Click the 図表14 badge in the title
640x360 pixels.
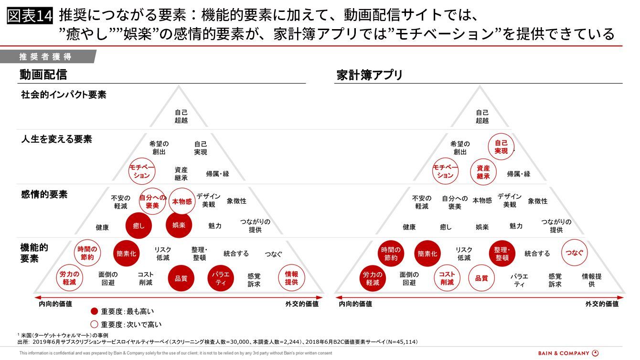pyautogui.click(x=30, y=16)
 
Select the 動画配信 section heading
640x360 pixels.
pyautogui.click(x=43, y=74)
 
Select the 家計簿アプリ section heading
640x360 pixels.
pyautogui.click(x=369, y=75)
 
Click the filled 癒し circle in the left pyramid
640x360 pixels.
pyautogui.click(x=139, y=226)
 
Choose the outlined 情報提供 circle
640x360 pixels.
pyautogui.click(x=291, y=278)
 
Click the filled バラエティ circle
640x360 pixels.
pyautogui.click(x=221, y=278)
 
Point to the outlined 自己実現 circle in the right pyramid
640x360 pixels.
pyautogui.click(x=501, y=147)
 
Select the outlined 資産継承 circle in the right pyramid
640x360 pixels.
pyautogui.click(x=483, y=172)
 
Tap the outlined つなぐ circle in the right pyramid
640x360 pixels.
pyautogui.click(x=574, y=253)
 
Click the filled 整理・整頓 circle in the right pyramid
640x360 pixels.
pyautogui.click(x=502, y=254)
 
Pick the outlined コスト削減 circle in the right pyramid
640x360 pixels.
pyautogui.click(x=447, y=278)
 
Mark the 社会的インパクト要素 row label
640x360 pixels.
pyautogui.click(x=64, y=95)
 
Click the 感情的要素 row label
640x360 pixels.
pyautogui.click(x=44, y=194)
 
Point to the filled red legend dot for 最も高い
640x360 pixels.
pyautogui.click(x=94, y=311)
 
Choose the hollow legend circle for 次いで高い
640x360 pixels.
pyautogui.click(x=94, y=324)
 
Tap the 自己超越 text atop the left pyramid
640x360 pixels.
pyautogui.click(x=181, y=116)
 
